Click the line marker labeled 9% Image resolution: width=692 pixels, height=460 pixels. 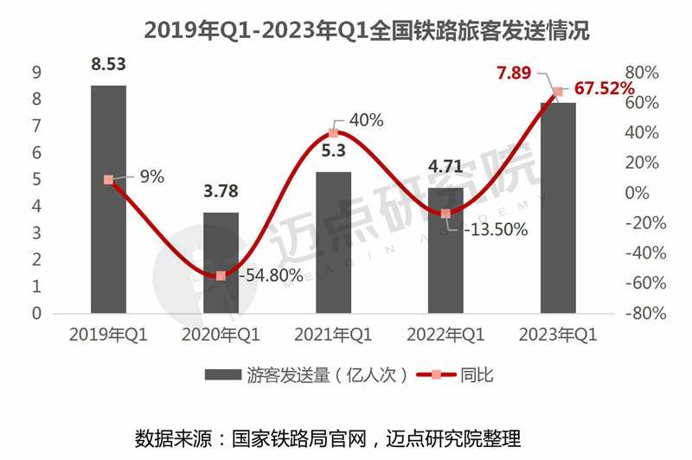click(108, 180)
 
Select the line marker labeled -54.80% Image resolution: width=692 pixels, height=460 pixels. click(221, 276)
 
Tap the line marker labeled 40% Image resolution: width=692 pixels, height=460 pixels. click(333, 133)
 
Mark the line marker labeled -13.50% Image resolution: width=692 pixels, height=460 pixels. click(445, 214)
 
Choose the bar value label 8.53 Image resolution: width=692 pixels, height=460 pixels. click(108, 63)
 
